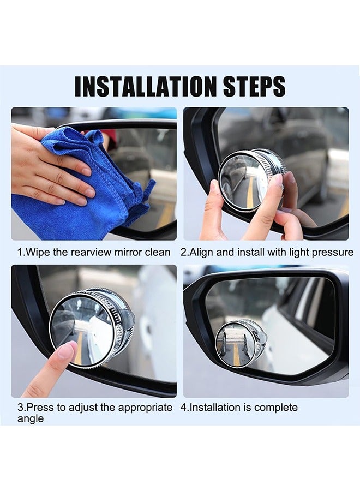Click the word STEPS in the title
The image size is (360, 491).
tap(252, 87)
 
